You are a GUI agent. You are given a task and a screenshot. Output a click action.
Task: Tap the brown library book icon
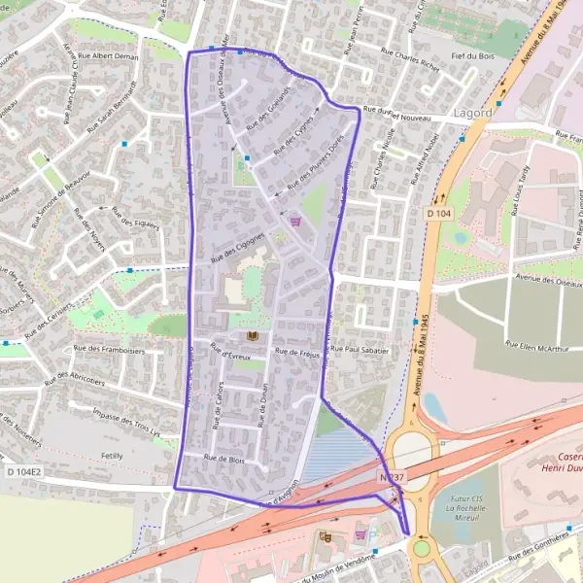[254, 335]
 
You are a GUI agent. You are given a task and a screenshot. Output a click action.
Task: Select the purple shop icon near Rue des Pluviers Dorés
[295, 221]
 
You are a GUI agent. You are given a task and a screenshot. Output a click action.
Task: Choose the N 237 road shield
[392, 477]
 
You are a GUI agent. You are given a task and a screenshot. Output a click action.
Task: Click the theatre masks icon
[324, 535]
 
